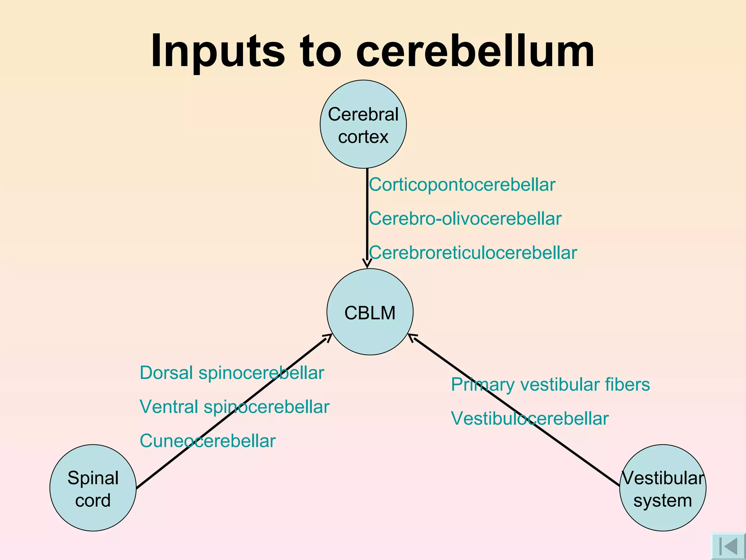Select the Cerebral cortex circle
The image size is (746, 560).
pos(363,124)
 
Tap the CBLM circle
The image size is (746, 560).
pos(370,312)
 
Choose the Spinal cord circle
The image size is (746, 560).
pos(93,488)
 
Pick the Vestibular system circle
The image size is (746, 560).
pos(663,488)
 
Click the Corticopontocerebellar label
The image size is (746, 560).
pos(462,185)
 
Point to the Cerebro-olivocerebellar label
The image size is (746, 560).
pos(465,219)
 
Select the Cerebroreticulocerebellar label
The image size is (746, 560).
pos(473,253)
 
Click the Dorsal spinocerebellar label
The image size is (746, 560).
pos(232,373)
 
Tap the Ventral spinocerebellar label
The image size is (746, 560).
pos(234,407)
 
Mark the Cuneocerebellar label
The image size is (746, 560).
pos(208,441)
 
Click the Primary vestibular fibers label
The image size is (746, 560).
pos(550,385)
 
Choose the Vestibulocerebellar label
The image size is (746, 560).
pos(530,419)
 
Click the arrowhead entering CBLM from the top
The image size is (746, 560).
pos(367,264)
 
